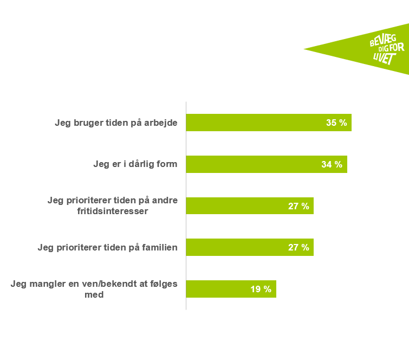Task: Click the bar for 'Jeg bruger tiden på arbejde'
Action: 255,123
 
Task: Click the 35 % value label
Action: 336,123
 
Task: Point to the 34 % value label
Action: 332,164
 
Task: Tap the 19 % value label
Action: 261,289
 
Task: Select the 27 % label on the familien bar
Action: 298,248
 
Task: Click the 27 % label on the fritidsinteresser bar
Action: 298,206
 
